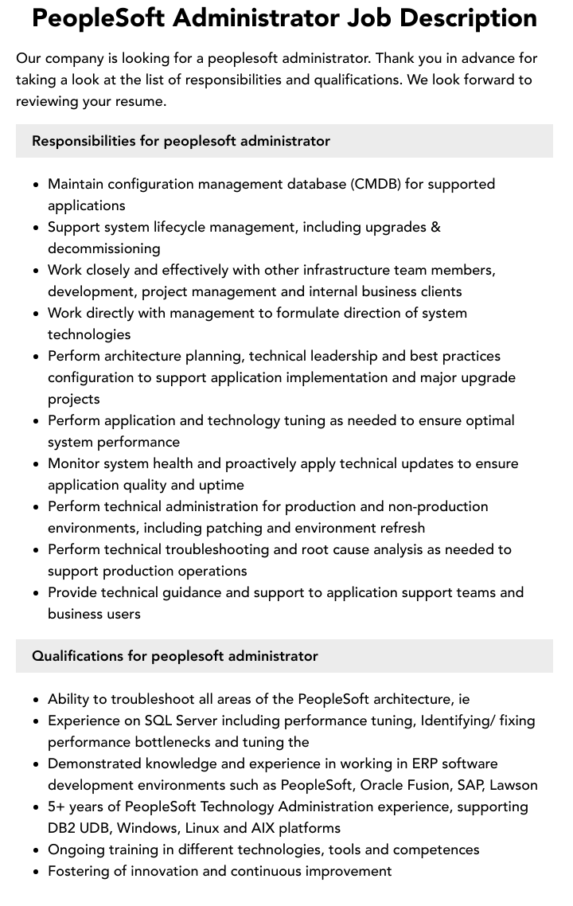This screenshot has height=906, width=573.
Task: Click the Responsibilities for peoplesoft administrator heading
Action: pyautogui.click(x=181, y=141)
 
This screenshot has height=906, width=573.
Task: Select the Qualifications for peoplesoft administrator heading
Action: pyautogui.click(x=175, y=656)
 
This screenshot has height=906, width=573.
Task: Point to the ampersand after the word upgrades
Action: pyautogui.click(x=435, y=227)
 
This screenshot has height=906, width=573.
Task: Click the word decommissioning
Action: pyautogui.click(x=104, y=248)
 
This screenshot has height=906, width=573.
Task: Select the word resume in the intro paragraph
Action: pyautogui.click(x=140, y=101)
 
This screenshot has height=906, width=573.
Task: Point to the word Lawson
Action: pyautogui.click(x=513, y=785)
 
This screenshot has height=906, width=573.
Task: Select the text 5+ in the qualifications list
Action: pyautogui.click(x=57, y=806)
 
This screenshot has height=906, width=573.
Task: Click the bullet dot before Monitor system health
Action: pyautogui.click(x=37, y=464)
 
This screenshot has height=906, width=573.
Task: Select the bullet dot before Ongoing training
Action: pyautogui.click(x=37, y=850)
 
